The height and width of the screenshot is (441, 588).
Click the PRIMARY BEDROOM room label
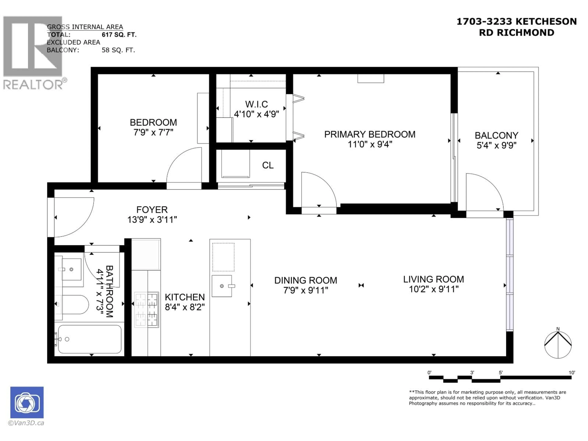click(369, 134)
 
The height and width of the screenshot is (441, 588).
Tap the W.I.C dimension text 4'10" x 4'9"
click(256, 114)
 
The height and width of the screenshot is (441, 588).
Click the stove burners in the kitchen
click(147, 309)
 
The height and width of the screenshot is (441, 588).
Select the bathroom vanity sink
click(71, 269)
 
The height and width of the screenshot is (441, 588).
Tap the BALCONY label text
click(496, 135)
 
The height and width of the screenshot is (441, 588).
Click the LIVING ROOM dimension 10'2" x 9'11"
click(433, 289)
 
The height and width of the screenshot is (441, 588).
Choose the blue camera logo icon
click(27, 402)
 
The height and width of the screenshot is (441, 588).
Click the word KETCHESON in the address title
click(546, 21)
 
